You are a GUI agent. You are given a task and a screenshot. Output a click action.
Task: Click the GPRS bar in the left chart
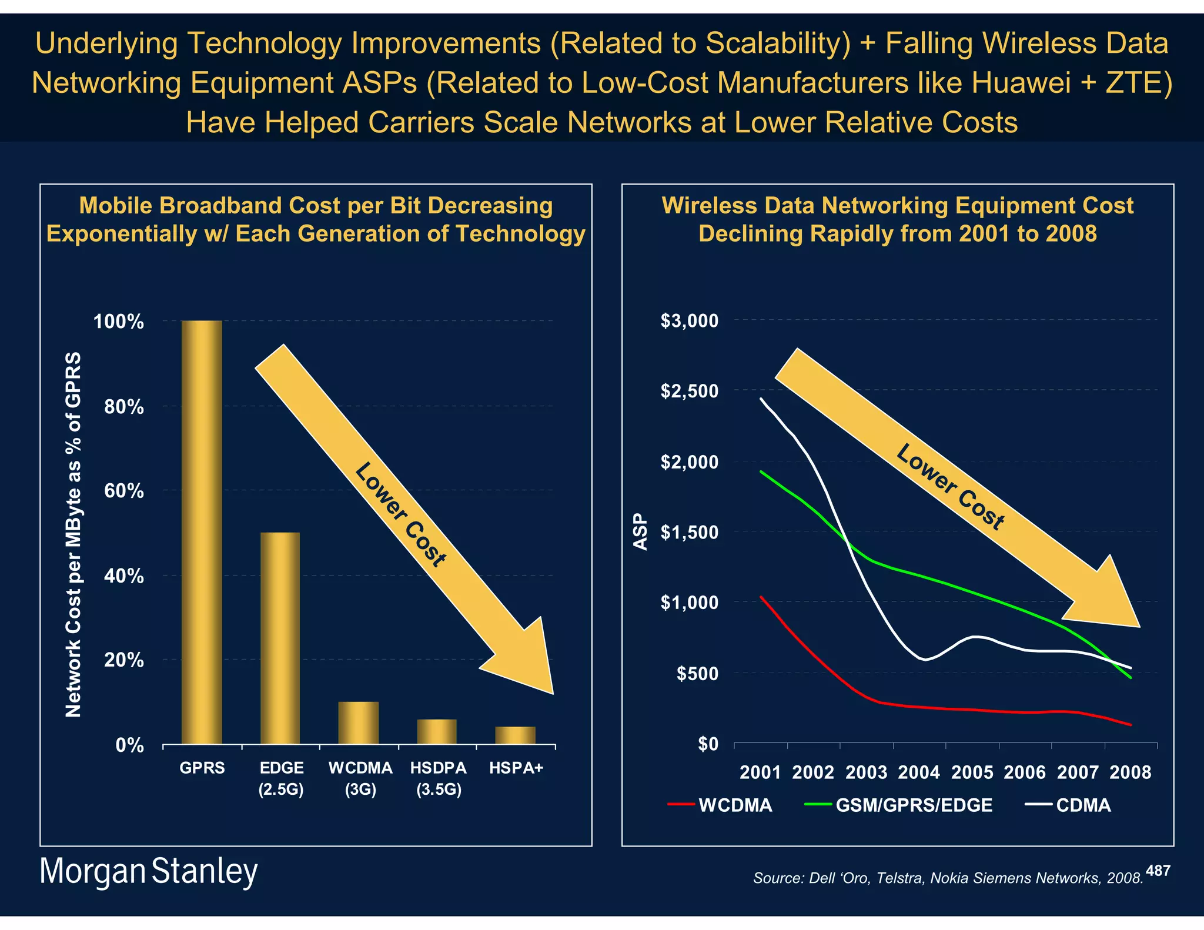pyautogui.click(x=202, y=532)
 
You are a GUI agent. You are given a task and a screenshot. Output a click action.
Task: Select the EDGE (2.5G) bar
pyautogui.click(x=280, y=638)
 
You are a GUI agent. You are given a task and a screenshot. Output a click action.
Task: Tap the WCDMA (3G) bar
pyautogui.click(x=359, y=722)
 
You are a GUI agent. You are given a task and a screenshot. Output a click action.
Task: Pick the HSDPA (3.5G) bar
pyautogui.click(x=437, y=731)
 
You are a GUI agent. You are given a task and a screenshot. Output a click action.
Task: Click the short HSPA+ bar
pyautogui.click(x=516, y=735)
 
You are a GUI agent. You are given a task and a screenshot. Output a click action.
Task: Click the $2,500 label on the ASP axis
pyautogui.click(x=689, y=391)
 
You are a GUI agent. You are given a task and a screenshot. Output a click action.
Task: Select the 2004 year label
pyautogui.click(x=919, y=772)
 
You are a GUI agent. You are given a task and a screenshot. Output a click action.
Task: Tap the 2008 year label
pyautogui.click(x=1130, y=772)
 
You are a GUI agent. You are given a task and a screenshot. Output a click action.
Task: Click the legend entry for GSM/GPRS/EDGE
pyautogui.click(x=914, y=805)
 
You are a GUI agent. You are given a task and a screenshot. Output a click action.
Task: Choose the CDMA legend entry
pyautogui.click(x=1083, y=805)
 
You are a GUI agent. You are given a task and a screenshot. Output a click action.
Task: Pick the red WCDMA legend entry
pyautogui.click(x=734, y=805)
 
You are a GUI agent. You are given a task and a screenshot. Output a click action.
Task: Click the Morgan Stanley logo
pyautogui.click(x=148, y=871)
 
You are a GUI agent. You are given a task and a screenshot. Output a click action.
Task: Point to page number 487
pyautogui.click(x=1158, y=871)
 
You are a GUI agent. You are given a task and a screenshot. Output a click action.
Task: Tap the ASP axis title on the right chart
pyautogui.click(x=640, y=532)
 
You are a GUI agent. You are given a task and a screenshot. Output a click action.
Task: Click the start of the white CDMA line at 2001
pyautogui.click(x=761, y=399)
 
